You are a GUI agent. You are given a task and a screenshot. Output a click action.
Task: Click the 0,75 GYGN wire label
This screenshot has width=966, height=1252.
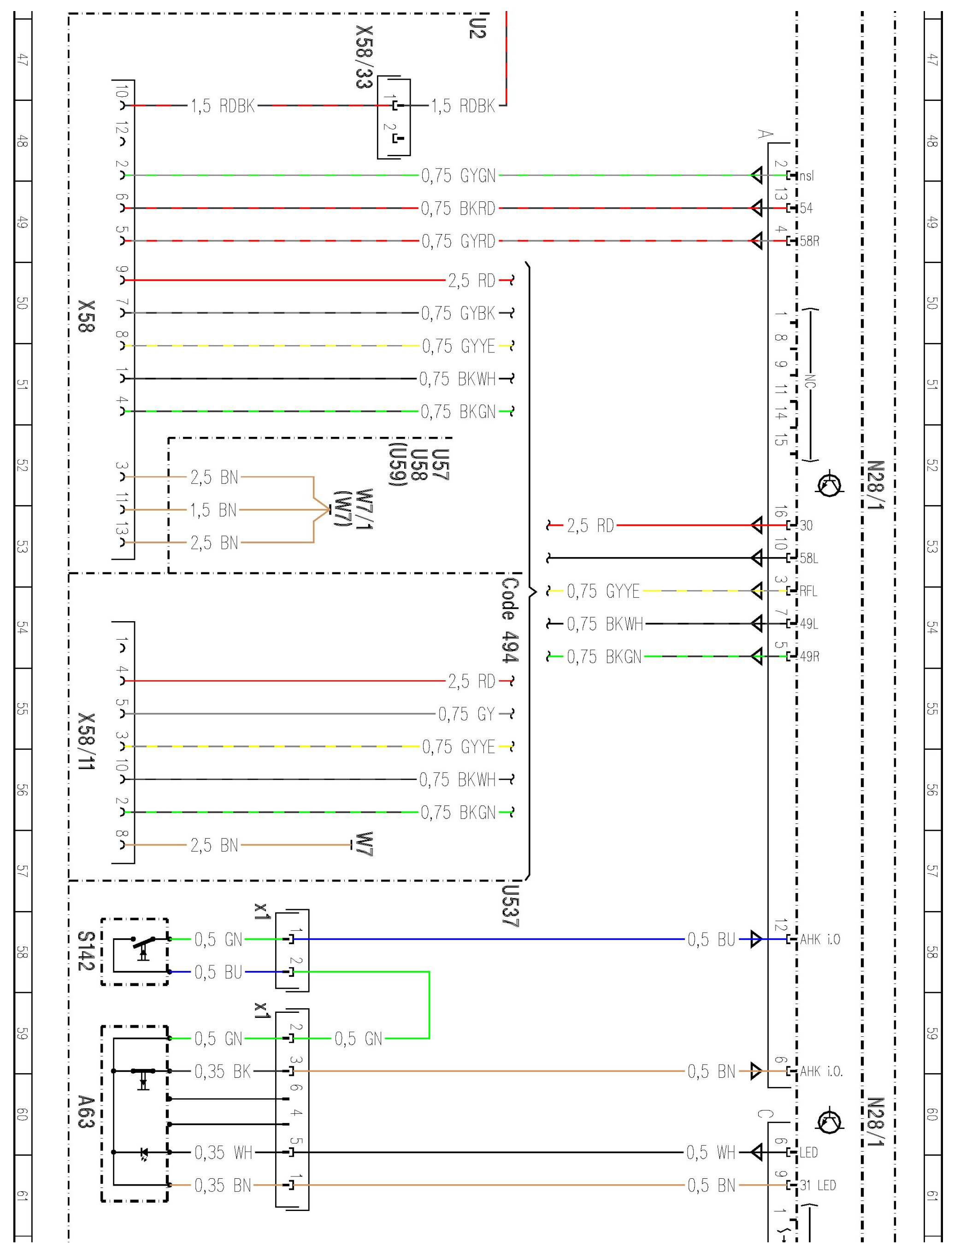tap(459, 176)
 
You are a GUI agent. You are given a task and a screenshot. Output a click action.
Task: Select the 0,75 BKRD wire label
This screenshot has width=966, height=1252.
tap(459, 208)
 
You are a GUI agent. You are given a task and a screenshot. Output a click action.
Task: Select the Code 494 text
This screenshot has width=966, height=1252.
tap(510, 620)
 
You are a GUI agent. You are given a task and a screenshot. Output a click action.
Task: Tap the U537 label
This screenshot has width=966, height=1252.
tap(510, 906)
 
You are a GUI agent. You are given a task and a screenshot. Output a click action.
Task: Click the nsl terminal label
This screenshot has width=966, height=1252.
tap(807, 176)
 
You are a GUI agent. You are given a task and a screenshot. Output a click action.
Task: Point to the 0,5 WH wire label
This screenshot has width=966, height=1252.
tap(711, 1152)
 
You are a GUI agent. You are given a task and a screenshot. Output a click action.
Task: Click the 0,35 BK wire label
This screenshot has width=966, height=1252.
tap(223, 1071)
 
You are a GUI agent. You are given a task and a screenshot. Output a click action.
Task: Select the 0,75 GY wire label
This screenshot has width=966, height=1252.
tap(467, 714)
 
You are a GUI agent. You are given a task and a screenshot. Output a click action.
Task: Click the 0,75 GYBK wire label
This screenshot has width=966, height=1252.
tap(459, 313)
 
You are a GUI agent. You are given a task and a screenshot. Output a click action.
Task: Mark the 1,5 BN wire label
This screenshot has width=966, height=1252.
tap(214, 510)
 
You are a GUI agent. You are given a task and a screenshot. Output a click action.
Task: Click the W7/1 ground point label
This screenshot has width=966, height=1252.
tap(364, 509)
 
